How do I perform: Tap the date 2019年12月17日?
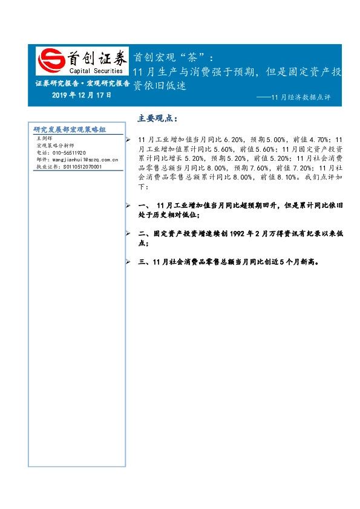82,96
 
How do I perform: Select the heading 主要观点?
158,117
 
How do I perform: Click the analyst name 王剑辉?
45,139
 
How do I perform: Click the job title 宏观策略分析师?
55,146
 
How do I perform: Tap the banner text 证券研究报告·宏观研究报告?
82,84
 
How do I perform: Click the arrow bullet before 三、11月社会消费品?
127,262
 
